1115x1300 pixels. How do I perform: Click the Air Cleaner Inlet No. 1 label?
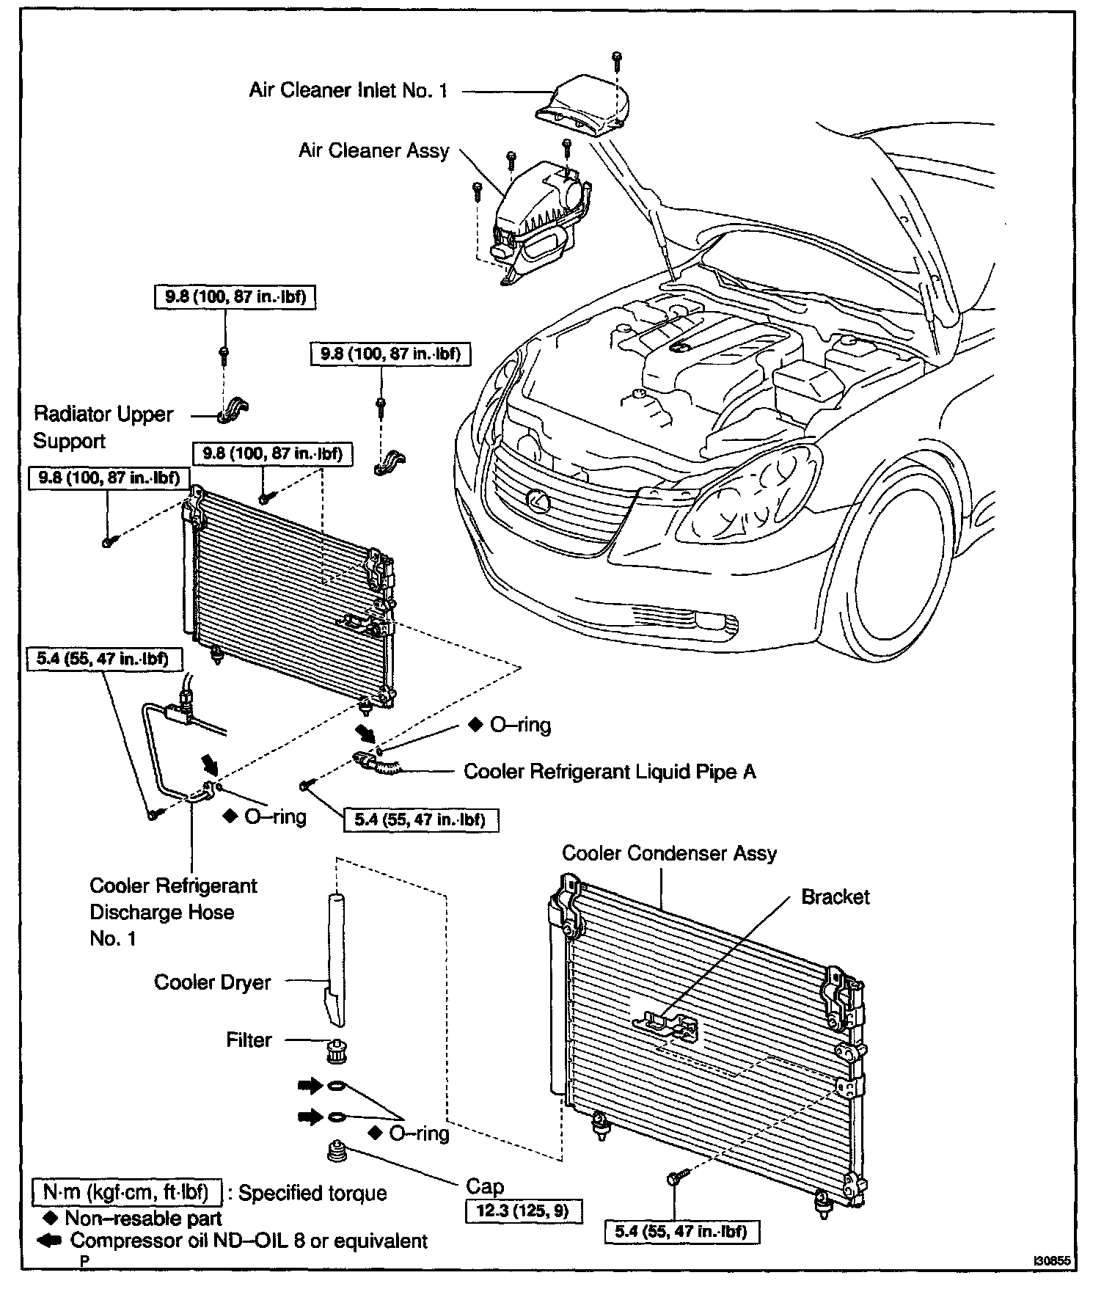click(x=348, y=91)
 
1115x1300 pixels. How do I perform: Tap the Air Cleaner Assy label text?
click(x=373, y=151)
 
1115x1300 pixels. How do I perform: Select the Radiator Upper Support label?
click(x=103, y=427)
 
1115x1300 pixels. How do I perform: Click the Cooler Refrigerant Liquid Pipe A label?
click(x=610, y=772)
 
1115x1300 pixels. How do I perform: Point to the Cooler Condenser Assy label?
click(x=669, y=853)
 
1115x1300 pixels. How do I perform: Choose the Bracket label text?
click(x=835, y=897)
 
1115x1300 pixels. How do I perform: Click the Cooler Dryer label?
click(x=212, y=982)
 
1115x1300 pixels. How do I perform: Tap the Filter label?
click(x=249, y=1040)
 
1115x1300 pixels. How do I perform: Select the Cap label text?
click(x=485, y=1187)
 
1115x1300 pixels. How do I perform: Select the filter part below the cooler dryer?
click(x=335, y=1053)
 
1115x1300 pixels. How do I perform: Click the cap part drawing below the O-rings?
click(x=336, y=1150)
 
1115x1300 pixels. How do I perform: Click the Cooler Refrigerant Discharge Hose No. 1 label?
click(x=172, y=912)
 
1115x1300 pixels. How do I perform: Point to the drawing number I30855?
click(x=1052, y=1261)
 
